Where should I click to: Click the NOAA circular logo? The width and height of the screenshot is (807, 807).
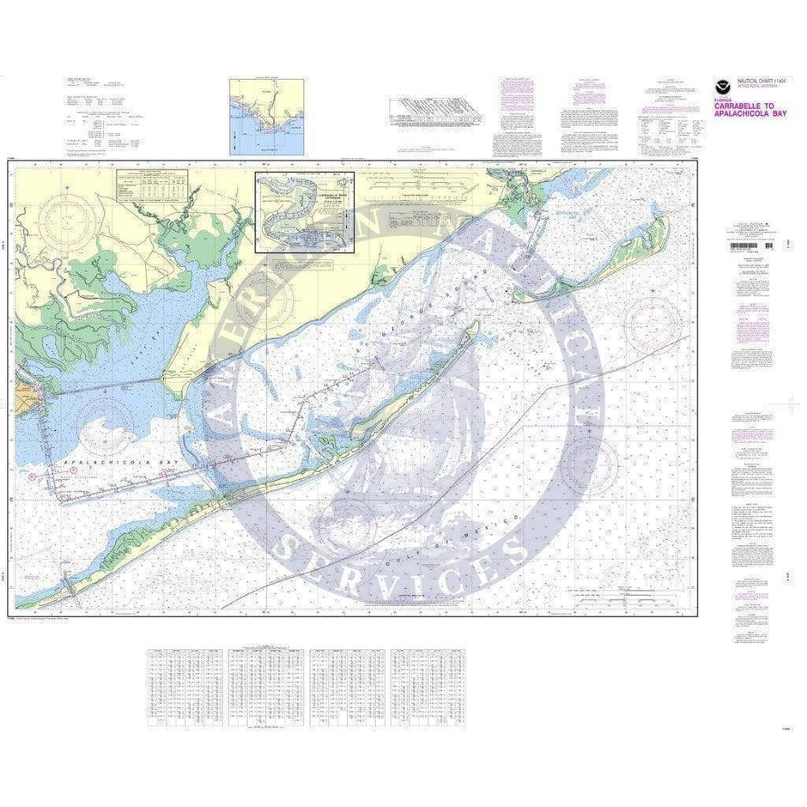click(x=723, y=87)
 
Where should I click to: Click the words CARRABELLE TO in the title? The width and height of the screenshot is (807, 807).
click(x=743, y=108)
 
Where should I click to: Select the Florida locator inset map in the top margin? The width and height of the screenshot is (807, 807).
click(x=266, y=117)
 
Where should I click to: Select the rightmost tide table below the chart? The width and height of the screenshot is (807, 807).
click(x=428, y=687)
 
